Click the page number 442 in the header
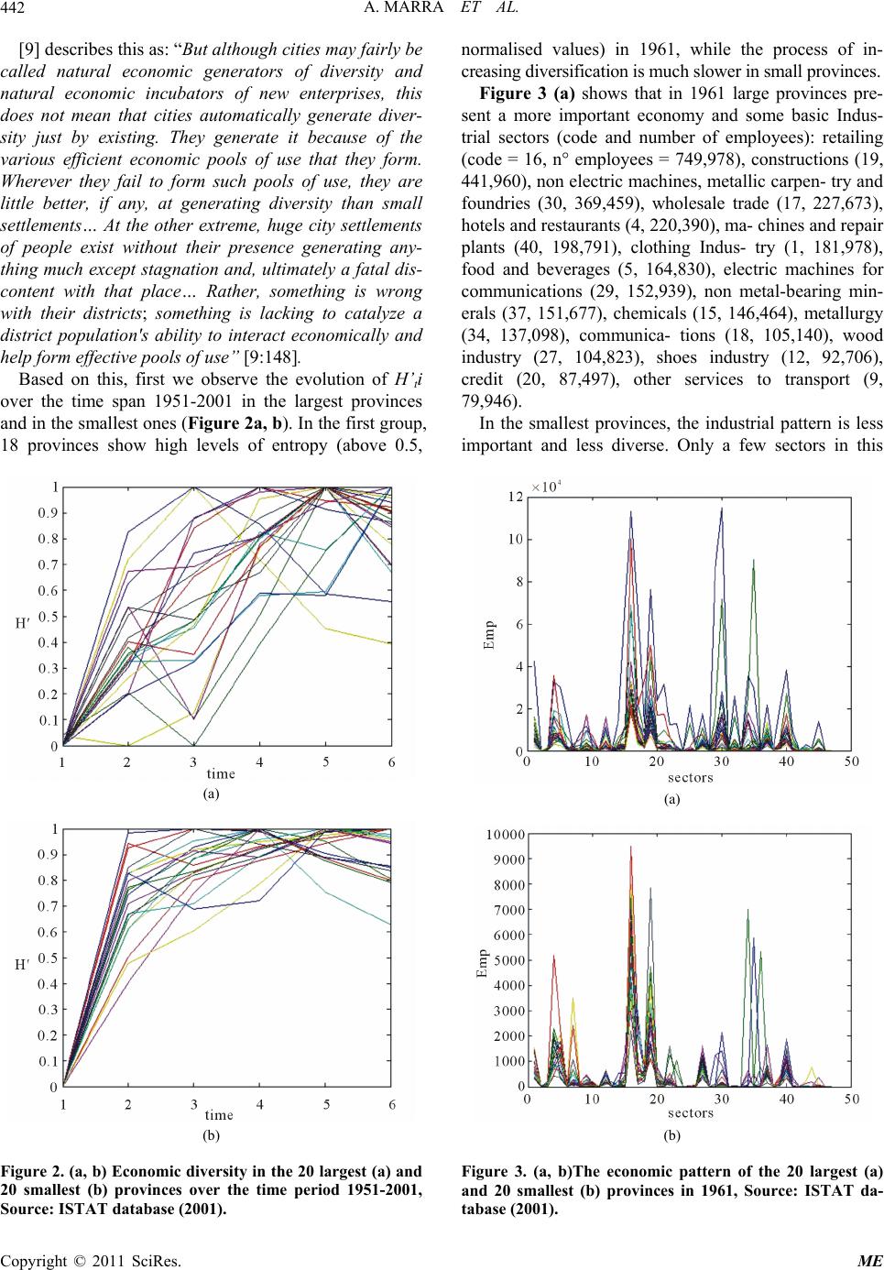click(x=13, y=8)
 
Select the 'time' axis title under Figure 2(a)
click(x=220, y=773)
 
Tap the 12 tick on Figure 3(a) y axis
click(x=516, y=498)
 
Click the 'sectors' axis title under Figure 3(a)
click(x=690, y=777)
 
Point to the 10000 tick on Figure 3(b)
click(x=506, y=834)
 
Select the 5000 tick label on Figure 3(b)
click(x=508, y=960)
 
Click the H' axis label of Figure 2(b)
click(x=22, y=964)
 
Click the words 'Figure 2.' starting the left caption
click(x=31, y=1171)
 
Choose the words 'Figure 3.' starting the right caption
click(x=493, y=1171)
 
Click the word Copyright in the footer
click(x=35, y=1261)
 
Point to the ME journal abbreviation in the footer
click(x=870, y=1260)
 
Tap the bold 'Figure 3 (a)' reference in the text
click(x=527, y=93)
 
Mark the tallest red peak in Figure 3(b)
click(x=630, y=848)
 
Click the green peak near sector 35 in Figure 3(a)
click(x=753, y=561)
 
